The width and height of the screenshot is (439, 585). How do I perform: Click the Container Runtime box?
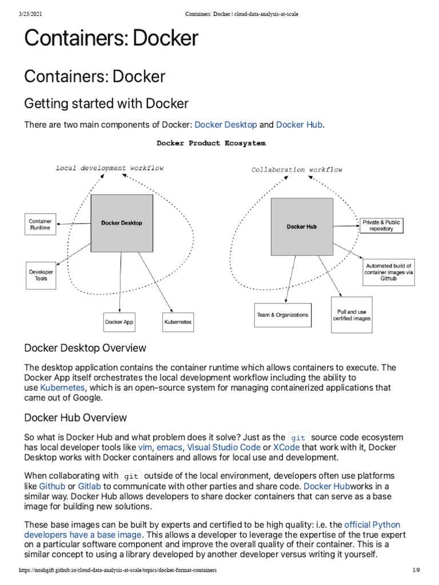[40, 225]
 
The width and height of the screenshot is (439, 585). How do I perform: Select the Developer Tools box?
[41, 275]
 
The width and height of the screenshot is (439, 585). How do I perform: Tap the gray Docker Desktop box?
[122, 223]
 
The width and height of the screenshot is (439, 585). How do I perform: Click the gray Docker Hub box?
[302, 227]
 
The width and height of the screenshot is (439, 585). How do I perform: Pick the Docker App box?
[119, 322]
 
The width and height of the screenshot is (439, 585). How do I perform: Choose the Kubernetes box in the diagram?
[178, 322]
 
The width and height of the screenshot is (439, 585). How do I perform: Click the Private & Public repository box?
[381, 225]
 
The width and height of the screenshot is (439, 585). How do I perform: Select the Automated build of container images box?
[389, 272]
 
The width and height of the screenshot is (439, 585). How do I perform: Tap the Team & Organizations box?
[282, 315]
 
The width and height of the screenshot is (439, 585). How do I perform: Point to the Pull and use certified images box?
[352, 315]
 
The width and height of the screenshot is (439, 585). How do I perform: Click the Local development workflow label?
[109, 168]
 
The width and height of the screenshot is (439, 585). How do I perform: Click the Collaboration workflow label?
[297, 170]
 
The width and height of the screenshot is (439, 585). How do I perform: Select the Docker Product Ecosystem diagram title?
[211, 143]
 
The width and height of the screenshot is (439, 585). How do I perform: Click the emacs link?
[169, 447]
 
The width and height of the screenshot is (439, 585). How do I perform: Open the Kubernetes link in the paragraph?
[62, 387]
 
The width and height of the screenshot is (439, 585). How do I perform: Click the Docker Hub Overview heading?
[75, 418]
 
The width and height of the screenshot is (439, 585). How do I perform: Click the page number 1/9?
[416, 570]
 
